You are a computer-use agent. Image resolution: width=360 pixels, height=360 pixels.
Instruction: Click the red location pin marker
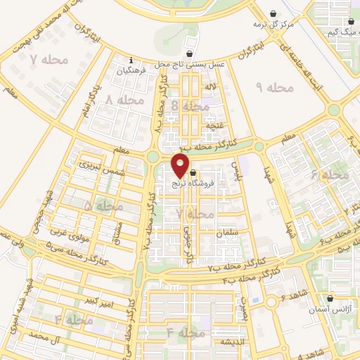tap(181, 165)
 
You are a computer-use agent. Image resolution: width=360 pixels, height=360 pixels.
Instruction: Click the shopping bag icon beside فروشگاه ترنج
tap(193, 172)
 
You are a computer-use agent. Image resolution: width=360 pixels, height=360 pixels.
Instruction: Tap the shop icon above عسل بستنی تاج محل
tap(188, 53)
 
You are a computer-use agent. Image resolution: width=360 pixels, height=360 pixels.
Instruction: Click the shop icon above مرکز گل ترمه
tap(274, 12)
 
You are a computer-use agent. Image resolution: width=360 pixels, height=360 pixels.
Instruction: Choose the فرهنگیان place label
tap(131, 70)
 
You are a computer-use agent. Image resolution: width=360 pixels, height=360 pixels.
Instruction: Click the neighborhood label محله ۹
tap(274, 87)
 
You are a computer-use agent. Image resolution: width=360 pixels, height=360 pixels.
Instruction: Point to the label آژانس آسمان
tap(329, 309)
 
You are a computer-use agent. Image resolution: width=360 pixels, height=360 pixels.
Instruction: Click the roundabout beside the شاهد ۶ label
tap(271, 302)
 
